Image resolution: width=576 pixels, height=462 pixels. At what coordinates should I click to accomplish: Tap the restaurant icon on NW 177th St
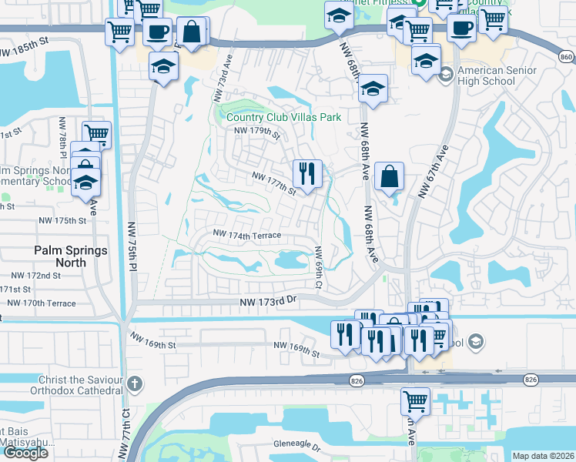pyautogui.click(x=307, y=173)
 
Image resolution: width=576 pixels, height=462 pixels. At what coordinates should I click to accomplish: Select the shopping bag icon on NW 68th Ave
pyautogui.click(x=390, y=176)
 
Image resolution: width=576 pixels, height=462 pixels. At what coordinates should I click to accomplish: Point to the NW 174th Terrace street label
pyautogui.click(x=246, y=234)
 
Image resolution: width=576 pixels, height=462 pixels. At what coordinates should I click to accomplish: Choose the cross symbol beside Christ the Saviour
pyautogui.click(x=134, y=383)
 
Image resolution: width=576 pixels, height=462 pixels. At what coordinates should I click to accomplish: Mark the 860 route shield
pyautogui.click(x=567, y=57)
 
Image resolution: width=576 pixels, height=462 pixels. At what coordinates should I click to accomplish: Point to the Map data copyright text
pyautogui.click(x=543, y=456)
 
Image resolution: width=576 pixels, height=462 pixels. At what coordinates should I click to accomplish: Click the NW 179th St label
pyautogui.click(x=256, y=132)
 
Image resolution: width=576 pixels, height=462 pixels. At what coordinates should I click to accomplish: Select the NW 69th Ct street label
pyautogui.click(x=318, y=268)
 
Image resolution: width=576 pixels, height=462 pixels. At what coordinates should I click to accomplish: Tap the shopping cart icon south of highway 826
pyautogui.click(x=414, y=400)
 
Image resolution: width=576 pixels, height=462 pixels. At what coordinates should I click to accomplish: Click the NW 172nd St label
pyautogui.click(x=35, y=275)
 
